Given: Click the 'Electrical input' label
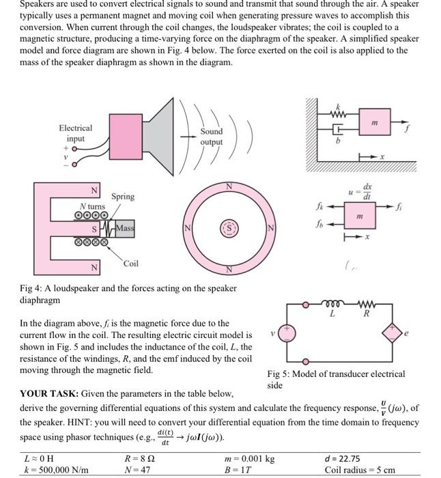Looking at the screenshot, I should point(75,132).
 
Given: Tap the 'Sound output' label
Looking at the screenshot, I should point(212,137).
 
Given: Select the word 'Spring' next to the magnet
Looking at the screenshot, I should point(123,196).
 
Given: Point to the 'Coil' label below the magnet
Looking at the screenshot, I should point(131,264).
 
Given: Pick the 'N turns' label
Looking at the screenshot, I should point(91,207).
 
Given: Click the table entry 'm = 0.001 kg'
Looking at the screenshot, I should point(251,459).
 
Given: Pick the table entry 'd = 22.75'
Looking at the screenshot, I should point(345,459).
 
